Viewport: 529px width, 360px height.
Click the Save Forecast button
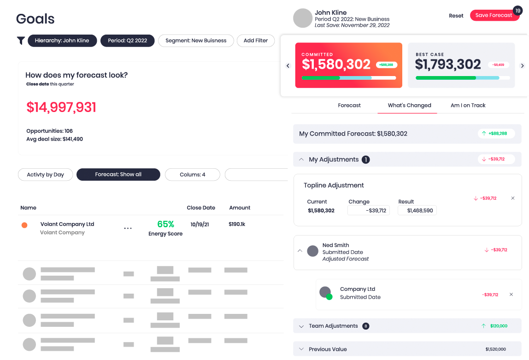point(494,15)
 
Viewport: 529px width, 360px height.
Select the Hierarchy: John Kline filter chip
point(62,41)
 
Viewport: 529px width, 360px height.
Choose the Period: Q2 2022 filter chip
point(127,41)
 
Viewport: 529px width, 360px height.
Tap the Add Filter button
point(255,41)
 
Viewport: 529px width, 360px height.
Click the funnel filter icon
point(21,41)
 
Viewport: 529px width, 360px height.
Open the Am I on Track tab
point(468,106)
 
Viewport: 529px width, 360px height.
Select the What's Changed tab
point(409,106)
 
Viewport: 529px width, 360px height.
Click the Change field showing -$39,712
point(369,211)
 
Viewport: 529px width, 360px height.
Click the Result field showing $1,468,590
point(417,211)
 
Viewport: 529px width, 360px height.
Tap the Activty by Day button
point(45,175)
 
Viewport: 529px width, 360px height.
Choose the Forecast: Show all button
point(118,175)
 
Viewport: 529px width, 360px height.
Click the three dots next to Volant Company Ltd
point(128,228)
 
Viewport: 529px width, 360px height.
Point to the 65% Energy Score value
point(165,224)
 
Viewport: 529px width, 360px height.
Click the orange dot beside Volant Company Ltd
point(24,225)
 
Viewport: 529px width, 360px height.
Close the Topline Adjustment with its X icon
point(513,198)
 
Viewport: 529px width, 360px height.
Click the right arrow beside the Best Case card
point(522,66)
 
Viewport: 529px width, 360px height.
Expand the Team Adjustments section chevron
point(301,326)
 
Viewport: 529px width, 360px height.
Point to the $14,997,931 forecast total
point(61,107)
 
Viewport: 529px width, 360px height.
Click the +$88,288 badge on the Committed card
point(386,65)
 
